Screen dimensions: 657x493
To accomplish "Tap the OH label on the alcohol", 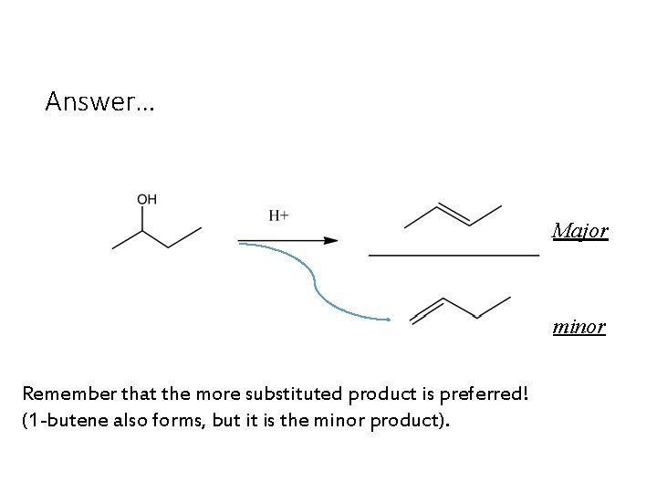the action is coord(146,200).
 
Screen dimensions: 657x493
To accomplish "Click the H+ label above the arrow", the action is coord(278,215).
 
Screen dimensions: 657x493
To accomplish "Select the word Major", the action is coord(579,231).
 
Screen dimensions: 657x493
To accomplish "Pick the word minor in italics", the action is coord(579,326).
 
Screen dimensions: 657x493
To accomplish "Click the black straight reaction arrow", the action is coord(287,241).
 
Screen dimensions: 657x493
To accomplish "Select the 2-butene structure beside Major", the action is coord(453,216).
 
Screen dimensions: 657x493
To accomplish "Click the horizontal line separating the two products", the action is coord(454,257).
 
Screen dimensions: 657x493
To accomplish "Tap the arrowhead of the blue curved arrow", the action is coord(386,319).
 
